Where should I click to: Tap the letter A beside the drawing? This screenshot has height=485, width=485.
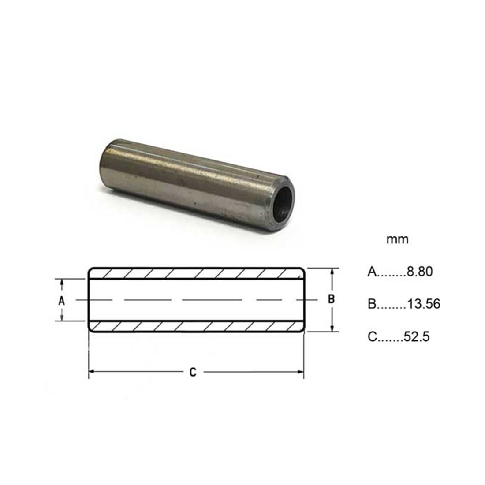(62, 300)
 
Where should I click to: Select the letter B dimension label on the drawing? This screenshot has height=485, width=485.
(331, 299)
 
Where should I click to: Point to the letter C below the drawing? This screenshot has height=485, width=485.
(193, 372)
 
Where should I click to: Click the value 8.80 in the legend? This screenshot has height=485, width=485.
(420, 272)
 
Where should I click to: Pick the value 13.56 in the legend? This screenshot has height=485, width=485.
(424, 304)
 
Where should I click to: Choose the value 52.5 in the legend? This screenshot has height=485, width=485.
(417, 336)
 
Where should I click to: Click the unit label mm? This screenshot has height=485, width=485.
(397, 239)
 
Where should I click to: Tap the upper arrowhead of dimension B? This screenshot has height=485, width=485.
(332, 272)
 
